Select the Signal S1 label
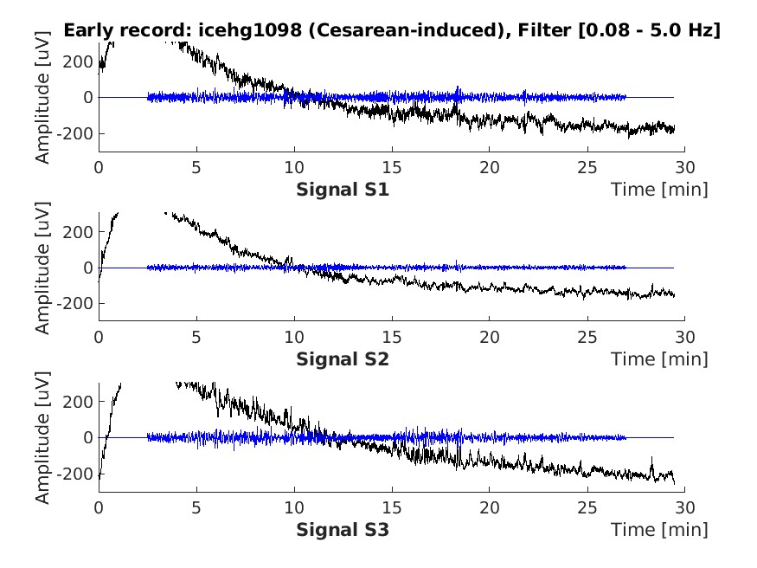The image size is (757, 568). pos(343,189)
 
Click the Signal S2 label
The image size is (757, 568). pos(343,358)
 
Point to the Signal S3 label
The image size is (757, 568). pos(343,528)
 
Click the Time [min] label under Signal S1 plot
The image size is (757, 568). pos(659,189)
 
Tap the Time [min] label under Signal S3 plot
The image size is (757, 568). pos(659,528)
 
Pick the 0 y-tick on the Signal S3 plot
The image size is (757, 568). pos(88,437)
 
